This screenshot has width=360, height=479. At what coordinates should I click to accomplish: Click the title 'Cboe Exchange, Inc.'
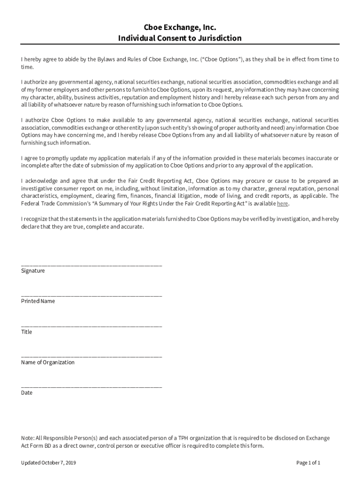point(180,28)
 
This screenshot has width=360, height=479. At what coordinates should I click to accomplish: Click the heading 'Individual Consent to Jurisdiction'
point(180,38)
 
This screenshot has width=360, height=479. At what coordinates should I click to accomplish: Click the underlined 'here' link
point(282,204)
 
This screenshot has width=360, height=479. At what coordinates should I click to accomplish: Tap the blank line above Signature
point(92,265)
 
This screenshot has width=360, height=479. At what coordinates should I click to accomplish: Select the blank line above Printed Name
point(92,296)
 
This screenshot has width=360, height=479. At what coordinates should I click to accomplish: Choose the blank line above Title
point(92,326)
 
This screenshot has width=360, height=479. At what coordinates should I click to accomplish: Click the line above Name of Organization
point(92,356)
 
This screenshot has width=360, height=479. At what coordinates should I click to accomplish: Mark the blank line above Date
point(92,387)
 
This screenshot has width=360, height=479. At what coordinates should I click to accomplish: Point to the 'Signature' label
point(33,271)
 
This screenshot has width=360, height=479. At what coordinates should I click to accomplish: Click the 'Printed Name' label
point(38,301)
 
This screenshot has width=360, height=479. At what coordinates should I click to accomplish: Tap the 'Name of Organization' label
point(48,363)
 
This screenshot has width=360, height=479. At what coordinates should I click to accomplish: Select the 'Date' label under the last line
point(27,393)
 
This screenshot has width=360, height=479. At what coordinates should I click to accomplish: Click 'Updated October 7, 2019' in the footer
point(49,463)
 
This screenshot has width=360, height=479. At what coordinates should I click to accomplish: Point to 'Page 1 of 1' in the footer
point(308,463)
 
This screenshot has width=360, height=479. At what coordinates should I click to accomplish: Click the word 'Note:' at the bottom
point(28,438)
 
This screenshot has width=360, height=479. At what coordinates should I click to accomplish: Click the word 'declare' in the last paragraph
point(31,227)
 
